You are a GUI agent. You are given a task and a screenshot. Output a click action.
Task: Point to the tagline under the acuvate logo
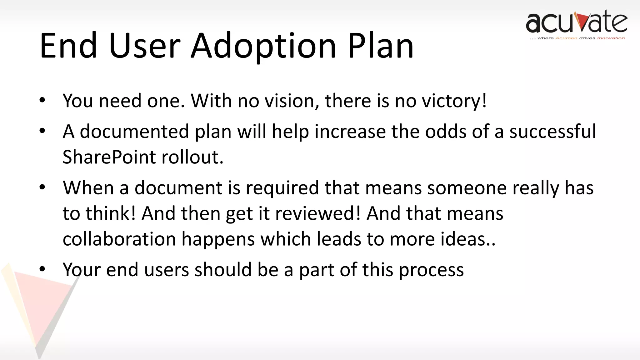click(577, 38)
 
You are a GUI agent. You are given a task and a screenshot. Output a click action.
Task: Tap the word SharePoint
click(109, 157)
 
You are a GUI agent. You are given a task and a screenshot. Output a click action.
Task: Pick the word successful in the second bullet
click(552, 132)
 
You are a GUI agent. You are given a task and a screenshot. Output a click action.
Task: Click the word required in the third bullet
click(282, 188)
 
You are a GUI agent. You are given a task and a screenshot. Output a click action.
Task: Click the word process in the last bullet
click(431, 270)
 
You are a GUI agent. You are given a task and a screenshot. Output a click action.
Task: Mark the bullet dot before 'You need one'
click(42, 100)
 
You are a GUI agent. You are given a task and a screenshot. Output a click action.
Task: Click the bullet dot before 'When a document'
click(42, 187)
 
